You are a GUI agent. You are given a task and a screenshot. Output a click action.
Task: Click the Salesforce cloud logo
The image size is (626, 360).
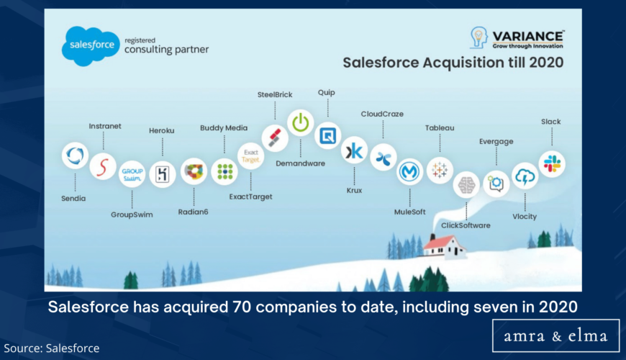coord(91,45)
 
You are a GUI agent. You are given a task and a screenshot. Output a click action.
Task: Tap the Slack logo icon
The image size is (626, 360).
coord(552,164)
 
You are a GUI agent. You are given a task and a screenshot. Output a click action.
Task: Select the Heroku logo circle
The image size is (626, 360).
coord(163,174)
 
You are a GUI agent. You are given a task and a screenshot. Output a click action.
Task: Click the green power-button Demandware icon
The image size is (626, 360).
coord(300,123)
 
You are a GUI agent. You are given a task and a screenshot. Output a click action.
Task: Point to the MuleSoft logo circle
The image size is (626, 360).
coord(409,172)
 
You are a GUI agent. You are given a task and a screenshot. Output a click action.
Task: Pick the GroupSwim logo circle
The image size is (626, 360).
coord(132,174)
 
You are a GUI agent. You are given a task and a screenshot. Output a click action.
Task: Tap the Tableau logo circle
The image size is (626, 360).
coord(440,170)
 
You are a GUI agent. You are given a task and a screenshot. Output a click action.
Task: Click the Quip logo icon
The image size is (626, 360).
coord(327,136)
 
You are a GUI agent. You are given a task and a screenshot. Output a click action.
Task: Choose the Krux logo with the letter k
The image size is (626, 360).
coord(354,150)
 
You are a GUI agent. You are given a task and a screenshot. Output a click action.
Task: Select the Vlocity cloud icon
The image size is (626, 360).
coord(525,176)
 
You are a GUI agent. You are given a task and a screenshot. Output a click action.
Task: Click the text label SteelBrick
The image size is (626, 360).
coord(275,95)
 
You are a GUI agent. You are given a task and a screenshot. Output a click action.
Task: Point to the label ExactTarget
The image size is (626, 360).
coord(250,197)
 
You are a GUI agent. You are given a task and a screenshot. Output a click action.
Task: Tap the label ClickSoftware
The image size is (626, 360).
coord(466,225)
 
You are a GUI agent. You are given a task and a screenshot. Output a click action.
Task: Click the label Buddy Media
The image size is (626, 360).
coord(224,128)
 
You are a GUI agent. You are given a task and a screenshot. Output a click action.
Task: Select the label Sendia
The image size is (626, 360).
coord(73,198)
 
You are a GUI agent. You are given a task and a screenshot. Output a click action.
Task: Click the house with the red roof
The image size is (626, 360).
coord(444,246)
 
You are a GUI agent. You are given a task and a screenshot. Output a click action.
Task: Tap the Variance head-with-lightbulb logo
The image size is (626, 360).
coord(478,37)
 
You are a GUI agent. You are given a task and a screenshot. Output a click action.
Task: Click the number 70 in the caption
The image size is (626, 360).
coord(242,307)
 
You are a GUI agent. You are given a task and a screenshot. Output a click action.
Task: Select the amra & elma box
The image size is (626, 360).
coord(555,336)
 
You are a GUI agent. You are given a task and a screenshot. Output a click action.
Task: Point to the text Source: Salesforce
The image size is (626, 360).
coord(52,348)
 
